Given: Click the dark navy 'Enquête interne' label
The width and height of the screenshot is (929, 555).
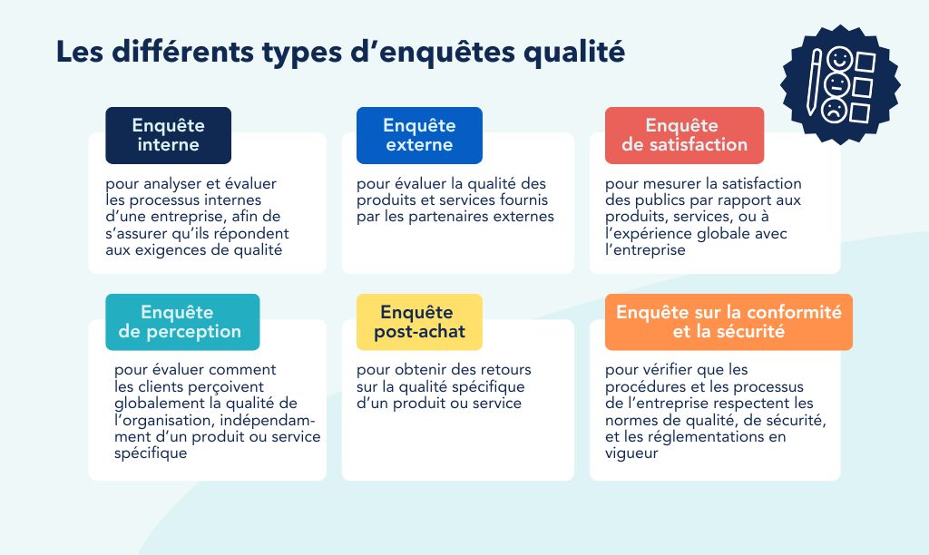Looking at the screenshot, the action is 168,136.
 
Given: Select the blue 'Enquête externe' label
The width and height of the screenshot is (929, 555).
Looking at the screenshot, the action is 419,136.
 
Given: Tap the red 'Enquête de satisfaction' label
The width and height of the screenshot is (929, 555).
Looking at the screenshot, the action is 684,136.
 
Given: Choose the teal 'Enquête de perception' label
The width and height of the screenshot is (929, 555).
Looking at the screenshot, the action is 182,322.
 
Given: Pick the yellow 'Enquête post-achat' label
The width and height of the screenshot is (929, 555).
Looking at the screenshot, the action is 419,322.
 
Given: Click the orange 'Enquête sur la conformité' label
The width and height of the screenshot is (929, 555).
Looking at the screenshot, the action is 729,322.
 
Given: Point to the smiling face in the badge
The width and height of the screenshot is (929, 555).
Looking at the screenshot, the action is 839,59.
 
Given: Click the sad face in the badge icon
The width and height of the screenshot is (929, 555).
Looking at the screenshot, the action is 835,110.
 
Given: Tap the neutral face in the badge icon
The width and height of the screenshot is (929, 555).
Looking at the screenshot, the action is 836,84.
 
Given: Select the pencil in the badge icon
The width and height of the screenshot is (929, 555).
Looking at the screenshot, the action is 814,83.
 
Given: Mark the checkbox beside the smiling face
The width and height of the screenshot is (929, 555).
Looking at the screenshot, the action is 865,63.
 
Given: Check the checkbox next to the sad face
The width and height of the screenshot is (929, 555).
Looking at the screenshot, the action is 860,112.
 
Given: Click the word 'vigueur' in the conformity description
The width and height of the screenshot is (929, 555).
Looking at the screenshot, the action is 631,453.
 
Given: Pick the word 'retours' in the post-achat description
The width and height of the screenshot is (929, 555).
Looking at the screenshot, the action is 505,370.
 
